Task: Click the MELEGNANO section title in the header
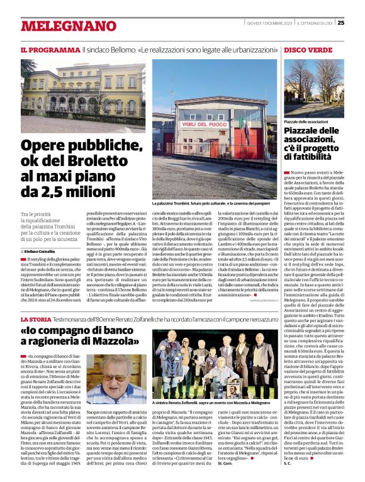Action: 60,26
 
